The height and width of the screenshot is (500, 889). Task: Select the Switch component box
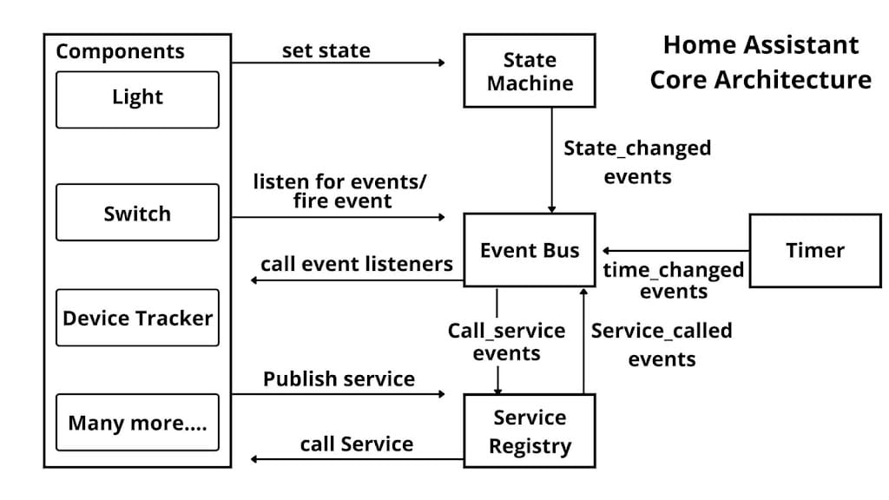[x=137, y=213]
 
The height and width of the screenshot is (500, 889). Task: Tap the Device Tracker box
[x=137, y=318]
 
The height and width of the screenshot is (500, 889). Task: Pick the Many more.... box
[x=137, y=423]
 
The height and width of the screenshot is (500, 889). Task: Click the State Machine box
[x=530, y=71]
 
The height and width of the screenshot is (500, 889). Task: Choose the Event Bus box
[x=530, y=250]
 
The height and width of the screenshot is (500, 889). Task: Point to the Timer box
[x=814, y=250]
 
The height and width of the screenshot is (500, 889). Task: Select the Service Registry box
[x=530, y=431]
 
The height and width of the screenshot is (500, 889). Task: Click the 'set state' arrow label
[x=326, y=51]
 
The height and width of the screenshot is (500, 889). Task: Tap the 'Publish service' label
[x=339, y=379]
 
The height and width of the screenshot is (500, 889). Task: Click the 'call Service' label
[x=356, y=444]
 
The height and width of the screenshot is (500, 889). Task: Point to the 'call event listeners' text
[x=356, y=264]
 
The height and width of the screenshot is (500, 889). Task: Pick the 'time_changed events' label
[x=674, y=280]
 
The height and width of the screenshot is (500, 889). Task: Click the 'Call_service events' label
[x=506, y=342]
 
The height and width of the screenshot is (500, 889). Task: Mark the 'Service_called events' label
[x=662, y=344]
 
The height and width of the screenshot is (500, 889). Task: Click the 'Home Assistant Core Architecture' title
[x=760, y=62]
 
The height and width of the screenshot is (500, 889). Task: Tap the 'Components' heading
[x=120, y=51]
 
